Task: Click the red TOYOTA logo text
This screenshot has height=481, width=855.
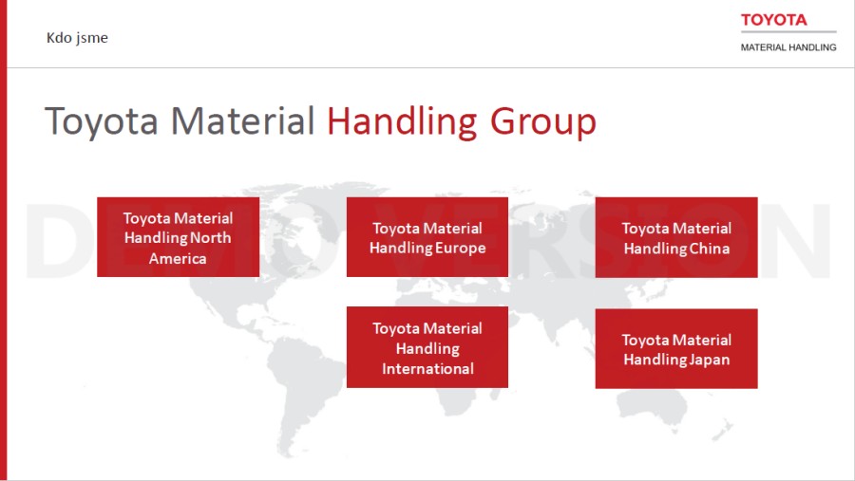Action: click(x=773, y=20)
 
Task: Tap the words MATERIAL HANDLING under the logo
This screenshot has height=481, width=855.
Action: click(x=788, y=47)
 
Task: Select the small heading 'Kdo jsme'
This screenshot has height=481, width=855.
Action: click(x=77, y=38)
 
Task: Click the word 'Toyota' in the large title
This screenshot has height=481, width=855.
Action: click(x=102, y=120)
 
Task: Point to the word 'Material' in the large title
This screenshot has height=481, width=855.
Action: click(x=242, y=120)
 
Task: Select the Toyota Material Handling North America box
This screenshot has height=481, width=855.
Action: click(x=179, y=237)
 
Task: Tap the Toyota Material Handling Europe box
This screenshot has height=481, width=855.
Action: click(x=427, y=237)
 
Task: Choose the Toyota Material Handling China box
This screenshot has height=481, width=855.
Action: click(x=676, y=237)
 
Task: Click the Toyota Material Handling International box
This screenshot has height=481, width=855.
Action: click(x=427, y=347)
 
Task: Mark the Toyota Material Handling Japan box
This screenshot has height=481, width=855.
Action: click(x=676, y=348)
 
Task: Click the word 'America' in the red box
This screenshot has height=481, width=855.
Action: click(x=178, y=258)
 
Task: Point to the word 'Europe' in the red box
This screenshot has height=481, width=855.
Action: click(x=458, y=249)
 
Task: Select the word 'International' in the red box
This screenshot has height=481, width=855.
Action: click(x=427, y=369)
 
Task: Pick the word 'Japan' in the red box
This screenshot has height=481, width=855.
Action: click(x=708, y=361)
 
